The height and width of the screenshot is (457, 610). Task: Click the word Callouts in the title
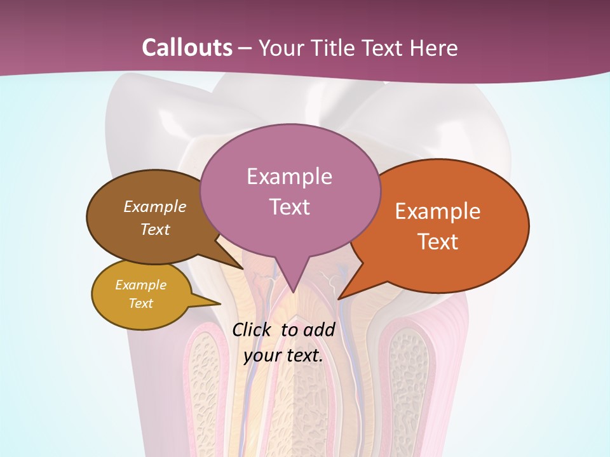(187, 48)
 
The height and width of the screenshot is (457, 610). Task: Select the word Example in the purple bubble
(289, 176)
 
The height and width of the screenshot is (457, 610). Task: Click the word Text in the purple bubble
(289, 207)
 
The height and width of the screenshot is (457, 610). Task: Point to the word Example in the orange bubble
(438, 211)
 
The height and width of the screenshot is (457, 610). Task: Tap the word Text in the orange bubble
(438, 242)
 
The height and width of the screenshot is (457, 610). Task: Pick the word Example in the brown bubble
(155, 207)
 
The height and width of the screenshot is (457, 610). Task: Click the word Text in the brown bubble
(155, 229)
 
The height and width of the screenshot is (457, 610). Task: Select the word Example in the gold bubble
(140, 285)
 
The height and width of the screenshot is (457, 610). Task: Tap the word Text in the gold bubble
(140, 303)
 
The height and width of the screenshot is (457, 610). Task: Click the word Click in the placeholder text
(253, 329)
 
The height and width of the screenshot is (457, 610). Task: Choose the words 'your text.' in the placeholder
(283, 356)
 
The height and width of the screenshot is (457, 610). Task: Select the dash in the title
(245, 48)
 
